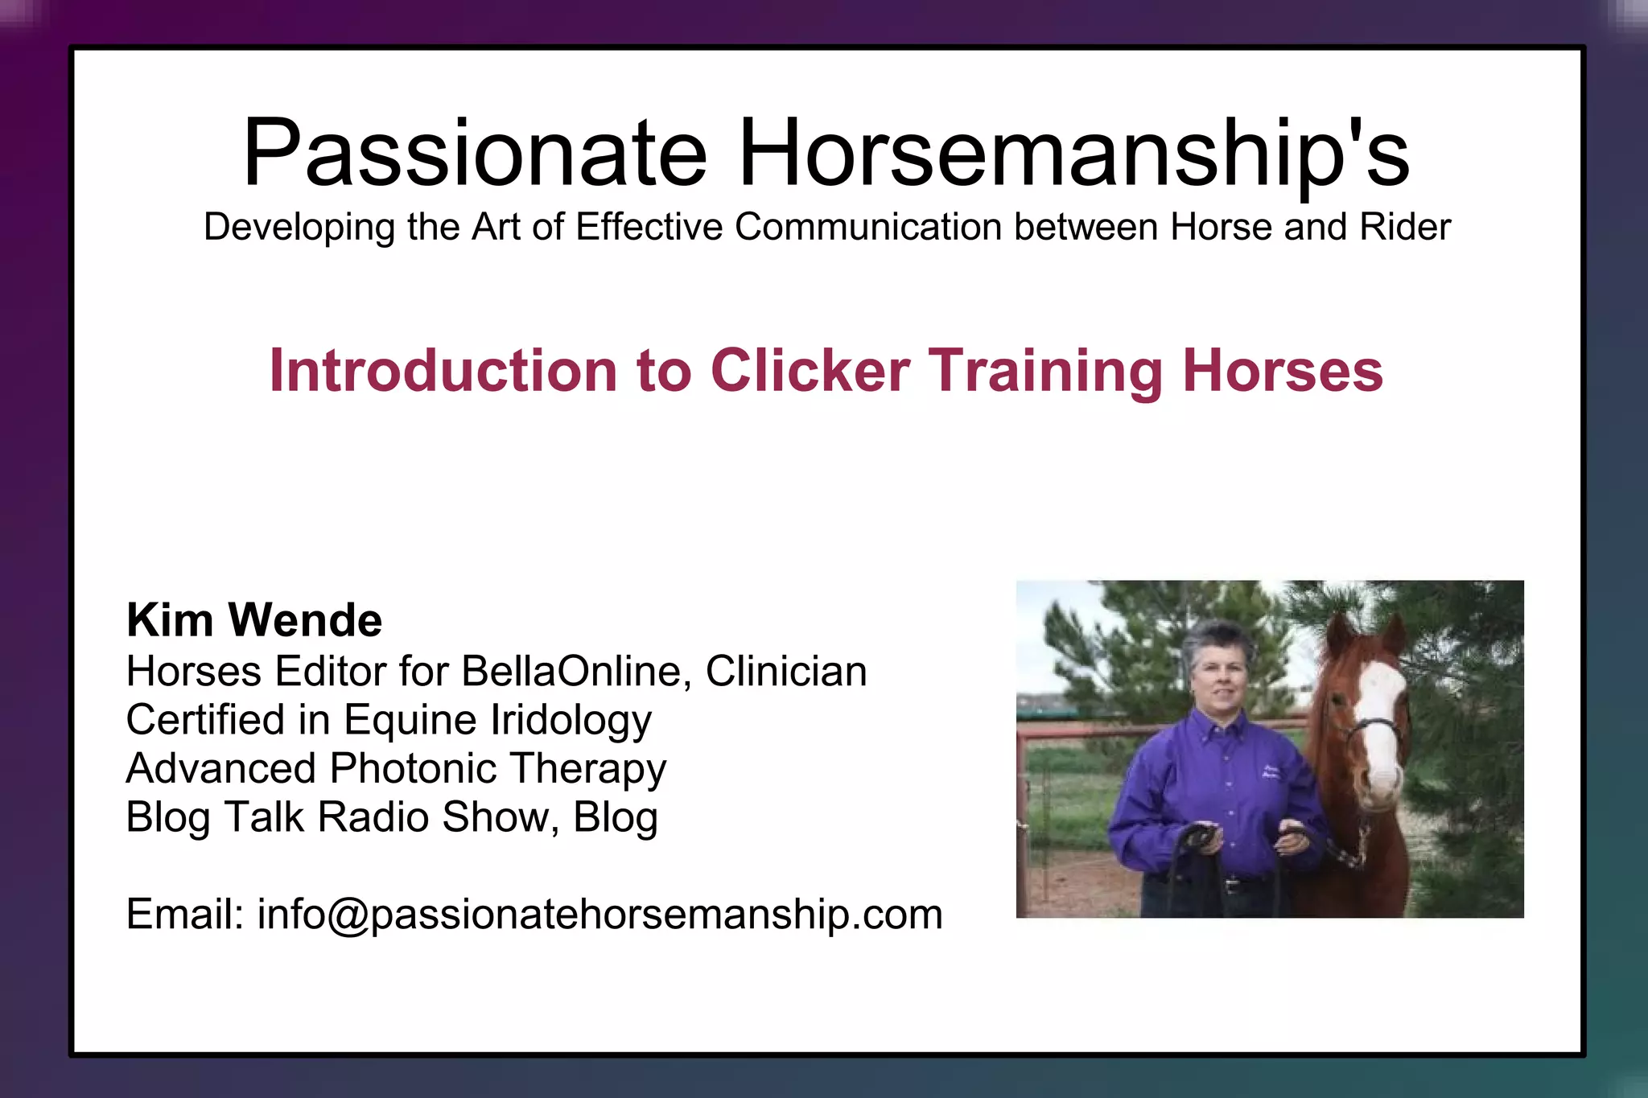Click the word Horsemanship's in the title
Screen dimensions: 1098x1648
click(1073, 153)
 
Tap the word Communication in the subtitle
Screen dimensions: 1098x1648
click(869, 227)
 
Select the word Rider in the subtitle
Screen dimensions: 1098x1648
click(1405, 227)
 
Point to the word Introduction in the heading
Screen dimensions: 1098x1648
click(443, 371)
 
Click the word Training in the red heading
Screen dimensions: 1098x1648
click(1046, 371)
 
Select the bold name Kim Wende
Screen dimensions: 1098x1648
click(254, 620)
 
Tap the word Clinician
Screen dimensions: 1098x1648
click(786, 671)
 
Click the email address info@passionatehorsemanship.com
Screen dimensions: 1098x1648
click(599, 915)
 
